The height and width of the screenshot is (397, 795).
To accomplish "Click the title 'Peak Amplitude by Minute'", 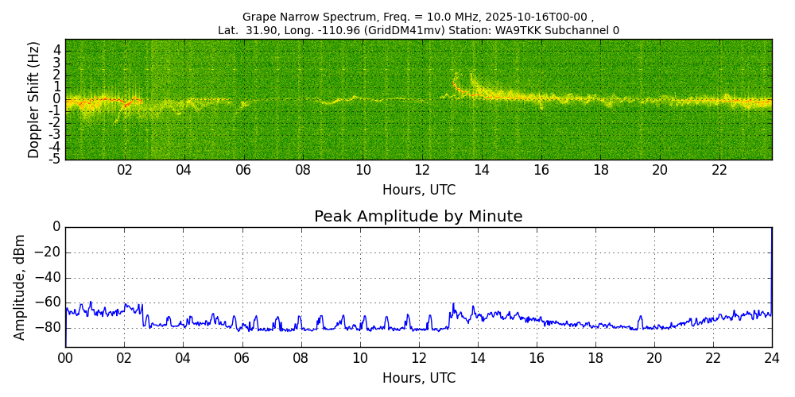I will pyautogui.click(x=418, y=217).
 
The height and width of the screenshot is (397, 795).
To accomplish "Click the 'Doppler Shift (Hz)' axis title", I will pyautogui.click(x=34, y=100).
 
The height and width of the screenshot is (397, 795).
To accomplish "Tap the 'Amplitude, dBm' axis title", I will pyautogui.click(x=21, y=287).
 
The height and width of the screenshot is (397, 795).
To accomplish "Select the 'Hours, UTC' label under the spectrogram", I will pyautogui.click(x=418, y=191).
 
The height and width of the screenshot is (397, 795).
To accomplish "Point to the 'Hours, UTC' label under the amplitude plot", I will pyautogui.click(x=418, y=378).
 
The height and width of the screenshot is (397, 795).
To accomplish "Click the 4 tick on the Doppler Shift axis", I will pyautogui.click(x=56, y=51).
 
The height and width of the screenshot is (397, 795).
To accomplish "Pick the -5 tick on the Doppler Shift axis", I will pyautogui.click(x=54, y=159).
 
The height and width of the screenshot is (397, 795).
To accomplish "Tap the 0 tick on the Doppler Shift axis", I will pyautogui.click(x=56, y=99).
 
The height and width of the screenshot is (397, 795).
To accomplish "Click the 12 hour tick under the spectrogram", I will pyautogui.click(x=422, y=170).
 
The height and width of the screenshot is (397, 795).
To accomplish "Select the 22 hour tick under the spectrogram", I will pyautogui.click(x=719, y=170).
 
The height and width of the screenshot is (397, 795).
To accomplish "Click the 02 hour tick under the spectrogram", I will pyautogui.click(x=125, y=170).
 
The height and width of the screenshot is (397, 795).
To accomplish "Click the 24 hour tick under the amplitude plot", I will pyautogui.click(x=772, y=357).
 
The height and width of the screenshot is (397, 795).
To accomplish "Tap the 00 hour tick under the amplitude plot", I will pyautogui.click(x=65, y=357).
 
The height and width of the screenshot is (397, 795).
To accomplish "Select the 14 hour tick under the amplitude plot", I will pyautogui.click(x=478, y=357).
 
